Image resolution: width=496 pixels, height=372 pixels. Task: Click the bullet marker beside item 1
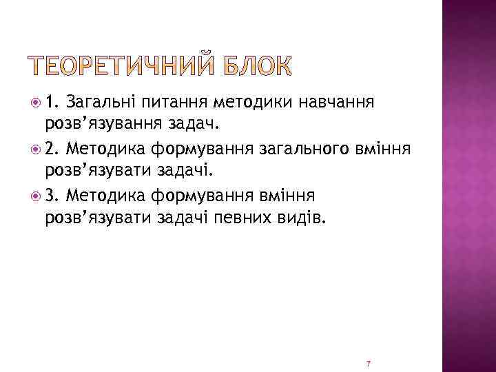click(35, 103)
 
